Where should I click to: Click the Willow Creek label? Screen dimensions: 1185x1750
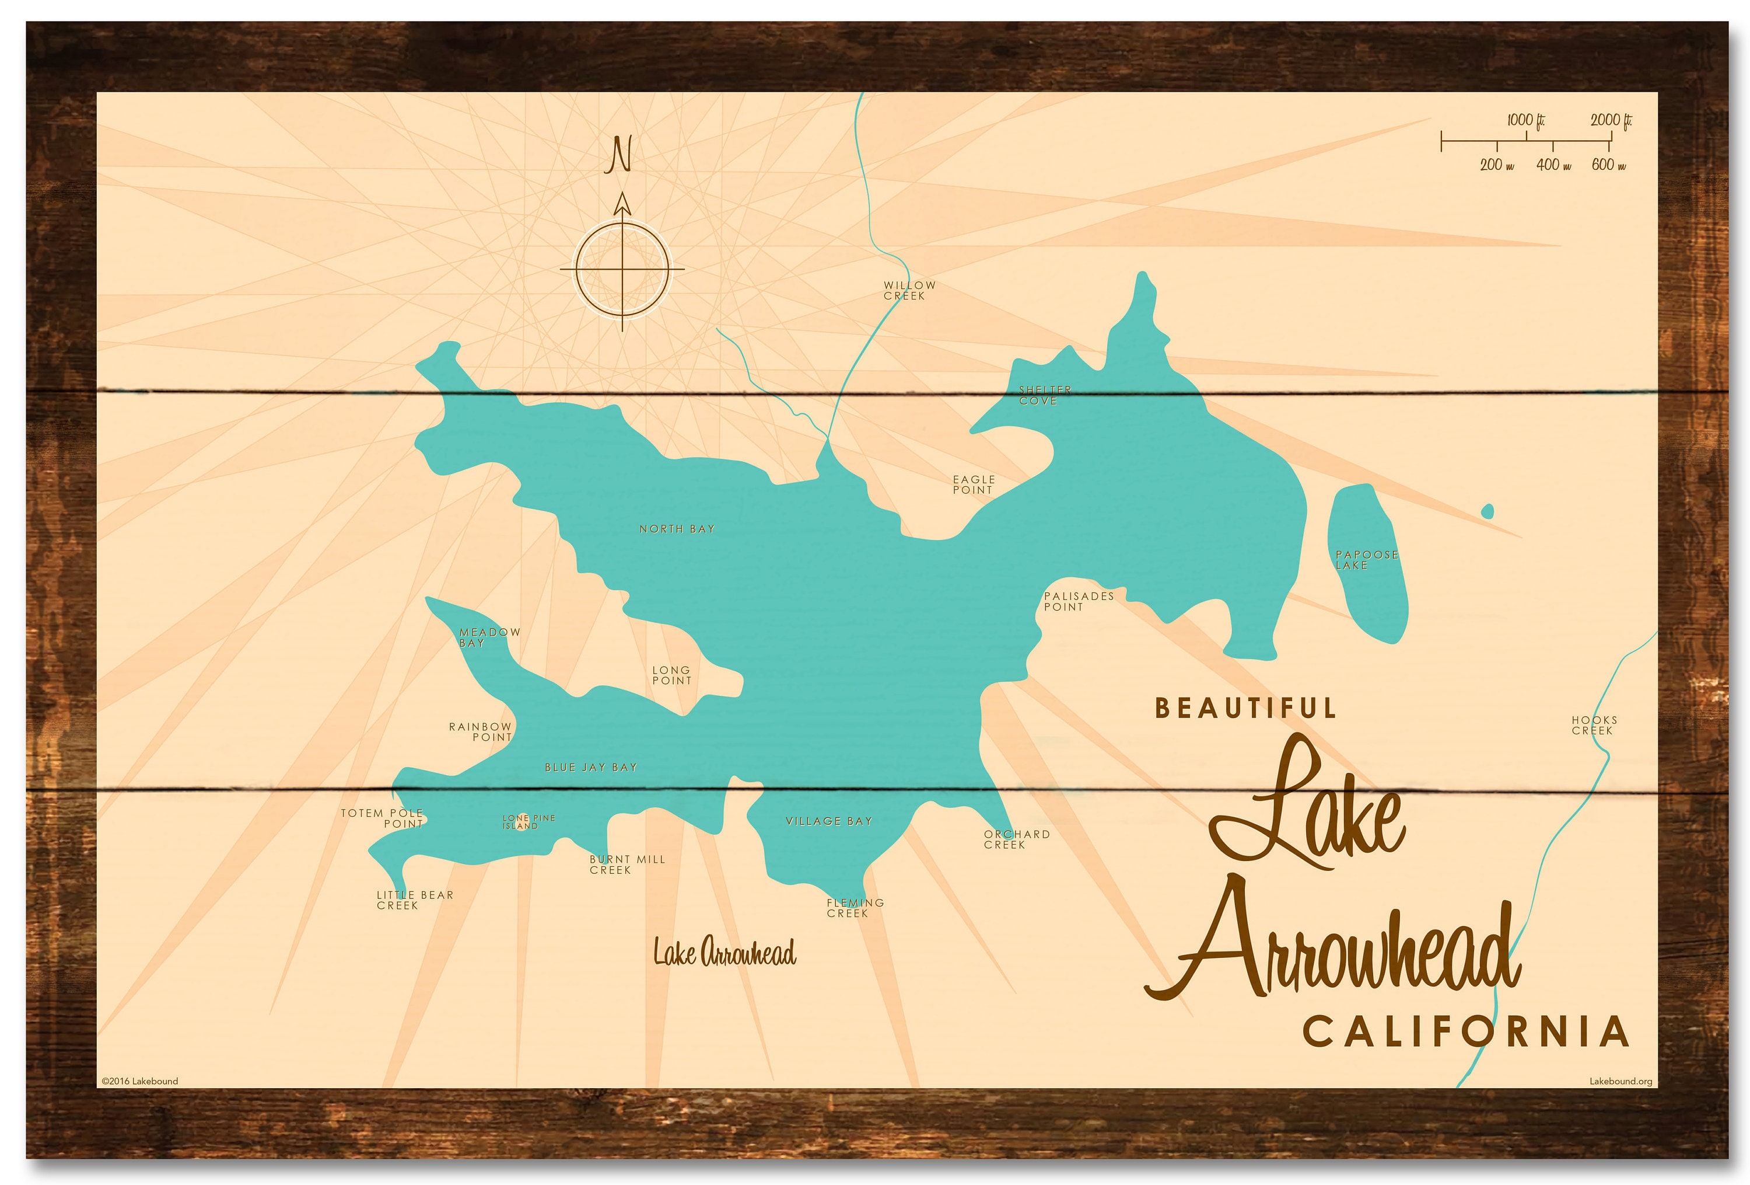point(909,290)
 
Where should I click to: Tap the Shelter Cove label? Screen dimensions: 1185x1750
point(1044,396)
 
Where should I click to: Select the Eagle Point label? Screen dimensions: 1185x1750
point(974,485)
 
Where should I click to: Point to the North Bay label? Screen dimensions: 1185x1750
point(677,529)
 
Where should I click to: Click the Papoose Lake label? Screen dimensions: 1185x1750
point(1366,560)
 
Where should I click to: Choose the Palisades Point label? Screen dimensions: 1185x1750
point(1077,601)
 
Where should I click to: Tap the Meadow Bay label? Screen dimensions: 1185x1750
point(489,637)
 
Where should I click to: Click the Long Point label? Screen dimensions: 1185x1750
point(671,675)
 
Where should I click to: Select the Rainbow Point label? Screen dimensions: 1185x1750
point(481,731)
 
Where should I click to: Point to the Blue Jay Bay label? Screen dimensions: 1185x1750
point(591,768)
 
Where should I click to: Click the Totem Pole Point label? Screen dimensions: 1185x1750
point(383,818)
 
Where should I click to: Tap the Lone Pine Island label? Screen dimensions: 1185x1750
point(528,822)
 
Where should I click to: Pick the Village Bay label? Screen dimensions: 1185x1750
point(828,821)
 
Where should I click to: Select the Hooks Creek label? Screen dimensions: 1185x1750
point(1594,726)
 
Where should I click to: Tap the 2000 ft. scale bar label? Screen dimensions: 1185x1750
point(1611,120)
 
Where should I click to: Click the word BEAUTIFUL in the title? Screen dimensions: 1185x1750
point(1245,708)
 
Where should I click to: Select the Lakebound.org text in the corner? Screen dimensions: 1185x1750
point(1620,1081)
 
